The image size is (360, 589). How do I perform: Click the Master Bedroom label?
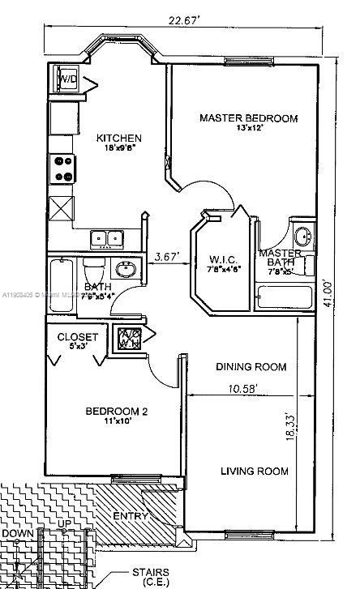pyautogui.click(x=248, y=118)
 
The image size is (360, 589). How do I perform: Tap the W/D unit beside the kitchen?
pyautogui.click(x=66, y=80)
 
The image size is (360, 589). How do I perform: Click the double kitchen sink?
pyautogui.click(x=106, y=237)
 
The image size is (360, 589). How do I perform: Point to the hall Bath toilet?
pyautogui.click(x=92, y=267)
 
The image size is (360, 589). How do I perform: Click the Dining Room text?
pyautogui.click(x=251, y=367)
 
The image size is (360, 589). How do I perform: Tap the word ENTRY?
pyautogui.click(x=130, y=516)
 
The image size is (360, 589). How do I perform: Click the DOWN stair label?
pyautogui.click(x=18, y=535)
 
